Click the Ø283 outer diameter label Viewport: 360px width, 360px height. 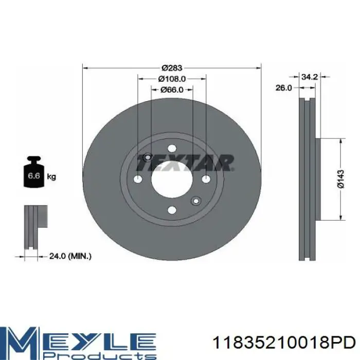(172, 68)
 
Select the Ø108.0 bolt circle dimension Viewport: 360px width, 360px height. (172, 79)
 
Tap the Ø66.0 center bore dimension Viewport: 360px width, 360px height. (172, 90)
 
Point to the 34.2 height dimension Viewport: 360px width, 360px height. (309, 77)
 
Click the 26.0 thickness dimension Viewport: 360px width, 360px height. (283, 88)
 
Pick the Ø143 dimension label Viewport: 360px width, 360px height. (341, 179)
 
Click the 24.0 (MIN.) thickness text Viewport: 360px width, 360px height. (70, 256)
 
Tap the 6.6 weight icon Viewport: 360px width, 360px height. (34, 172)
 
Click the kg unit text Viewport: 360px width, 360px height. (51, 177)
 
